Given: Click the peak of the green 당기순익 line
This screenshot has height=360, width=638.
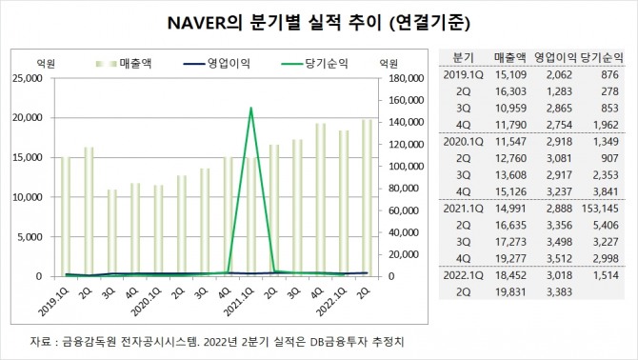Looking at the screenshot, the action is tap(250, 108).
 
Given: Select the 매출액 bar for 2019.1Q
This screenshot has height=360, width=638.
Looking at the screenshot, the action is tap(66, 216).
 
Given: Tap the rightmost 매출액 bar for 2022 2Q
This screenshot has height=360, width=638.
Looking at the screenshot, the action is tap(367, 198).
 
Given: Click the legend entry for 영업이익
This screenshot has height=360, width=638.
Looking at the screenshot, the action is tap(216, 64).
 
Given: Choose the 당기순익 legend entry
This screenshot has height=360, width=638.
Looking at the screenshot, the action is tap(314, 64).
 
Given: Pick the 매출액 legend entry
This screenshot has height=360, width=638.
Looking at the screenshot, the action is tap(124, 64).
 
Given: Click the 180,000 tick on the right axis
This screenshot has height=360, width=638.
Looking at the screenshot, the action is tap(407, 78).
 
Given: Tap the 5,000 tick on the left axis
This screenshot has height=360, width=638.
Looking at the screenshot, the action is tap(30, 237).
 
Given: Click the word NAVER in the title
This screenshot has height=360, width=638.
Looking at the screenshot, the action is tap(196, 23).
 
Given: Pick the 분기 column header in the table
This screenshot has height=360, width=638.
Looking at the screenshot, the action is tap(463, 57).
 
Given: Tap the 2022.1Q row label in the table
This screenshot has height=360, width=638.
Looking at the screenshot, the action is tap(463, 275).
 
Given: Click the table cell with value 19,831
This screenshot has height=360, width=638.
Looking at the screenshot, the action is tap(510, 292).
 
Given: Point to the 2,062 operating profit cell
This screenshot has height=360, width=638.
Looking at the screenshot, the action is tap(560, 75).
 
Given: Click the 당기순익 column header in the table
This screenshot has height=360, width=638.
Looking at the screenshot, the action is tap(602, 57).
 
